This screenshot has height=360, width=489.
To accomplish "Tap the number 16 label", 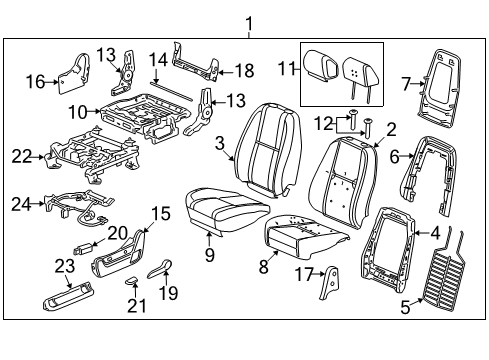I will pyautogui.click(x=36, y=81).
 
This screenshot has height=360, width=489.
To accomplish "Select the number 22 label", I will pyautogui.click(x=22, y=156).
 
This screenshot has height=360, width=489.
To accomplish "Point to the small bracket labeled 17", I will pyautogui.click(x=326, y=283).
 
